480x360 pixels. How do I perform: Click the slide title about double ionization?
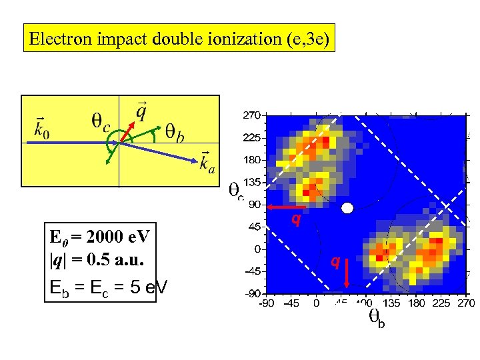point(179,39)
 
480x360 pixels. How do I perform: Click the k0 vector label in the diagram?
point(41,127)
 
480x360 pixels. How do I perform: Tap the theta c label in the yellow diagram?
point(101,123)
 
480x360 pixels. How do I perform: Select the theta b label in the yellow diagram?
point(175,133)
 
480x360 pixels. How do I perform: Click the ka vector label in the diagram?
point(207,163)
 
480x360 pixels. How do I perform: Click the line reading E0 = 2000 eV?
point(99,236)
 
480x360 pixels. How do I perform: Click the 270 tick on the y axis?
point(251,115)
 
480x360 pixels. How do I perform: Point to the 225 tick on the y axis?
point(251,138)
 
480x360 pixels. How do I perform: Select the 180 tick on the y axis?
point(251,160)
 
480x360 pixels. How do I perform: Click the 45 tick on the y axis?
point(254,227)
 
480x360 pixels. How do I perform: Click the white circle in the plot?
point(347,208)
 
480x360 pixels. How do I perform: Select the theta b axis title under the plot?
point(377,320)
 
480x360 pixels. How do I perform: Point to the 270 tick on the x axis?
point(464,304)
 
